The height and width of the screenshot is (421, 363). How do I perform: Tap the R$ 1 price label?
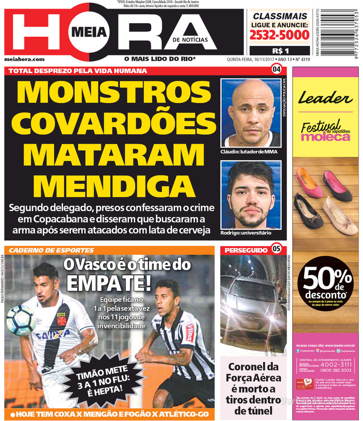click(x=278, y=50)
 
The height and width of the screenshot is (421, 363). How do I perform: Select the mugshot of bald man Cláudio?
click(x=250, y=113)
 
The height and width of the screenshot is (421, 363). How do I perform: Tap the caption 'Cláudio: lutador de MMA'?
click(x=249, y=152)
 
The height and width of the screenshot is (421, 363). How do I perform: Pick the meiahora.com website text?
click(x=25, y=59)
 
